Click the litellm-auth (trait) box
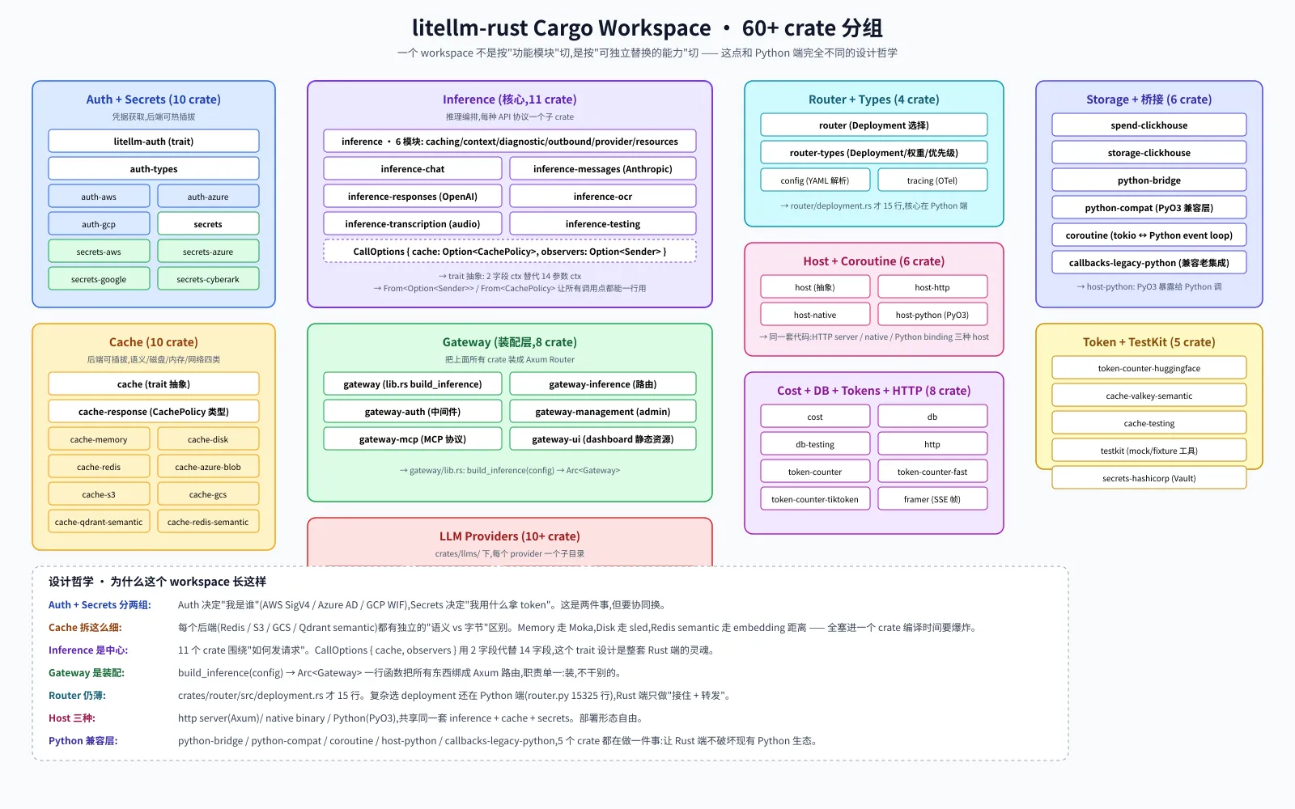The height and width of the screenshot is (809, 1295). (153, 141)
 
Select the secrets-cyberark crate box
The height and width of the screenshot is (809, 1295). (208, 279)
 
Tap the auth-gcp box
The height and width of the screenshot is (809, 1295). (99, 223)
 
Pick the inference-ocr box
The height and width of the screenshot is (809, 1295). (602, 197)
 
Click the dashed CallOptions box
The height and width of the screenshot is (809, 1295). (509, 252)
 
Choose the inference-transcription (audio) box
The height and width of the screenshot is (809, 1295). (412, 223)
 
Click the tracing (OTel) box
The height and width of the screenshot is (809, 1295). (932, 180)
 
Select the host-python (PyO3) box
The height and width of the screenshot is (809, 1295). (932, 315)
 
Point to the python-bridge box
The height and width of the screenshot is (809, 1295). (1149, 180)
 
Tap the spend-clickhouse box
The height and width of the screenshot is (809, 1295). (1149, 125)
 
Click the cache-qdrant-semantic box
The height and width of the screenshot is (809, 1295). (99, 522)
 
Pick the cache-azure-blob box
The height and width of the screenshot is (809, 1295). (208, 466)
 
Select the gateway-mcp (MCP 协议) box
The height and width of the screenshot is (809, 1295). (412, 439)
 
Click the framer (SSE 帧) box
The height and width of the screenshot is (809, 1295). (932, 498)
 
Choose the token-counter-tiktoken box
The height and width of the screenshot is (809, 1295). (814, 498)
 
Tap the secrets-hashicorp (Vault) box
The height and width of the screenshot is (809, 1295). (1149, 478)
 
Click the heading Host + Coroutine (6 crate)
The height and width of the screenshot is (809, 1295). (873, 261)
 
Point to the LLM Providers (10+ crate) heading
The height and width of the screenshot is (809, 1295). (509, 536)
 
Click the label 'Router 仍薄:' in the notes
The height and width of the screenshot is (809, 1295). (77, 695)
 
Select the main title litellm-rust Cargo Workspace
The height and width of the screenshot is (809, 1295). (561, 28)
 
